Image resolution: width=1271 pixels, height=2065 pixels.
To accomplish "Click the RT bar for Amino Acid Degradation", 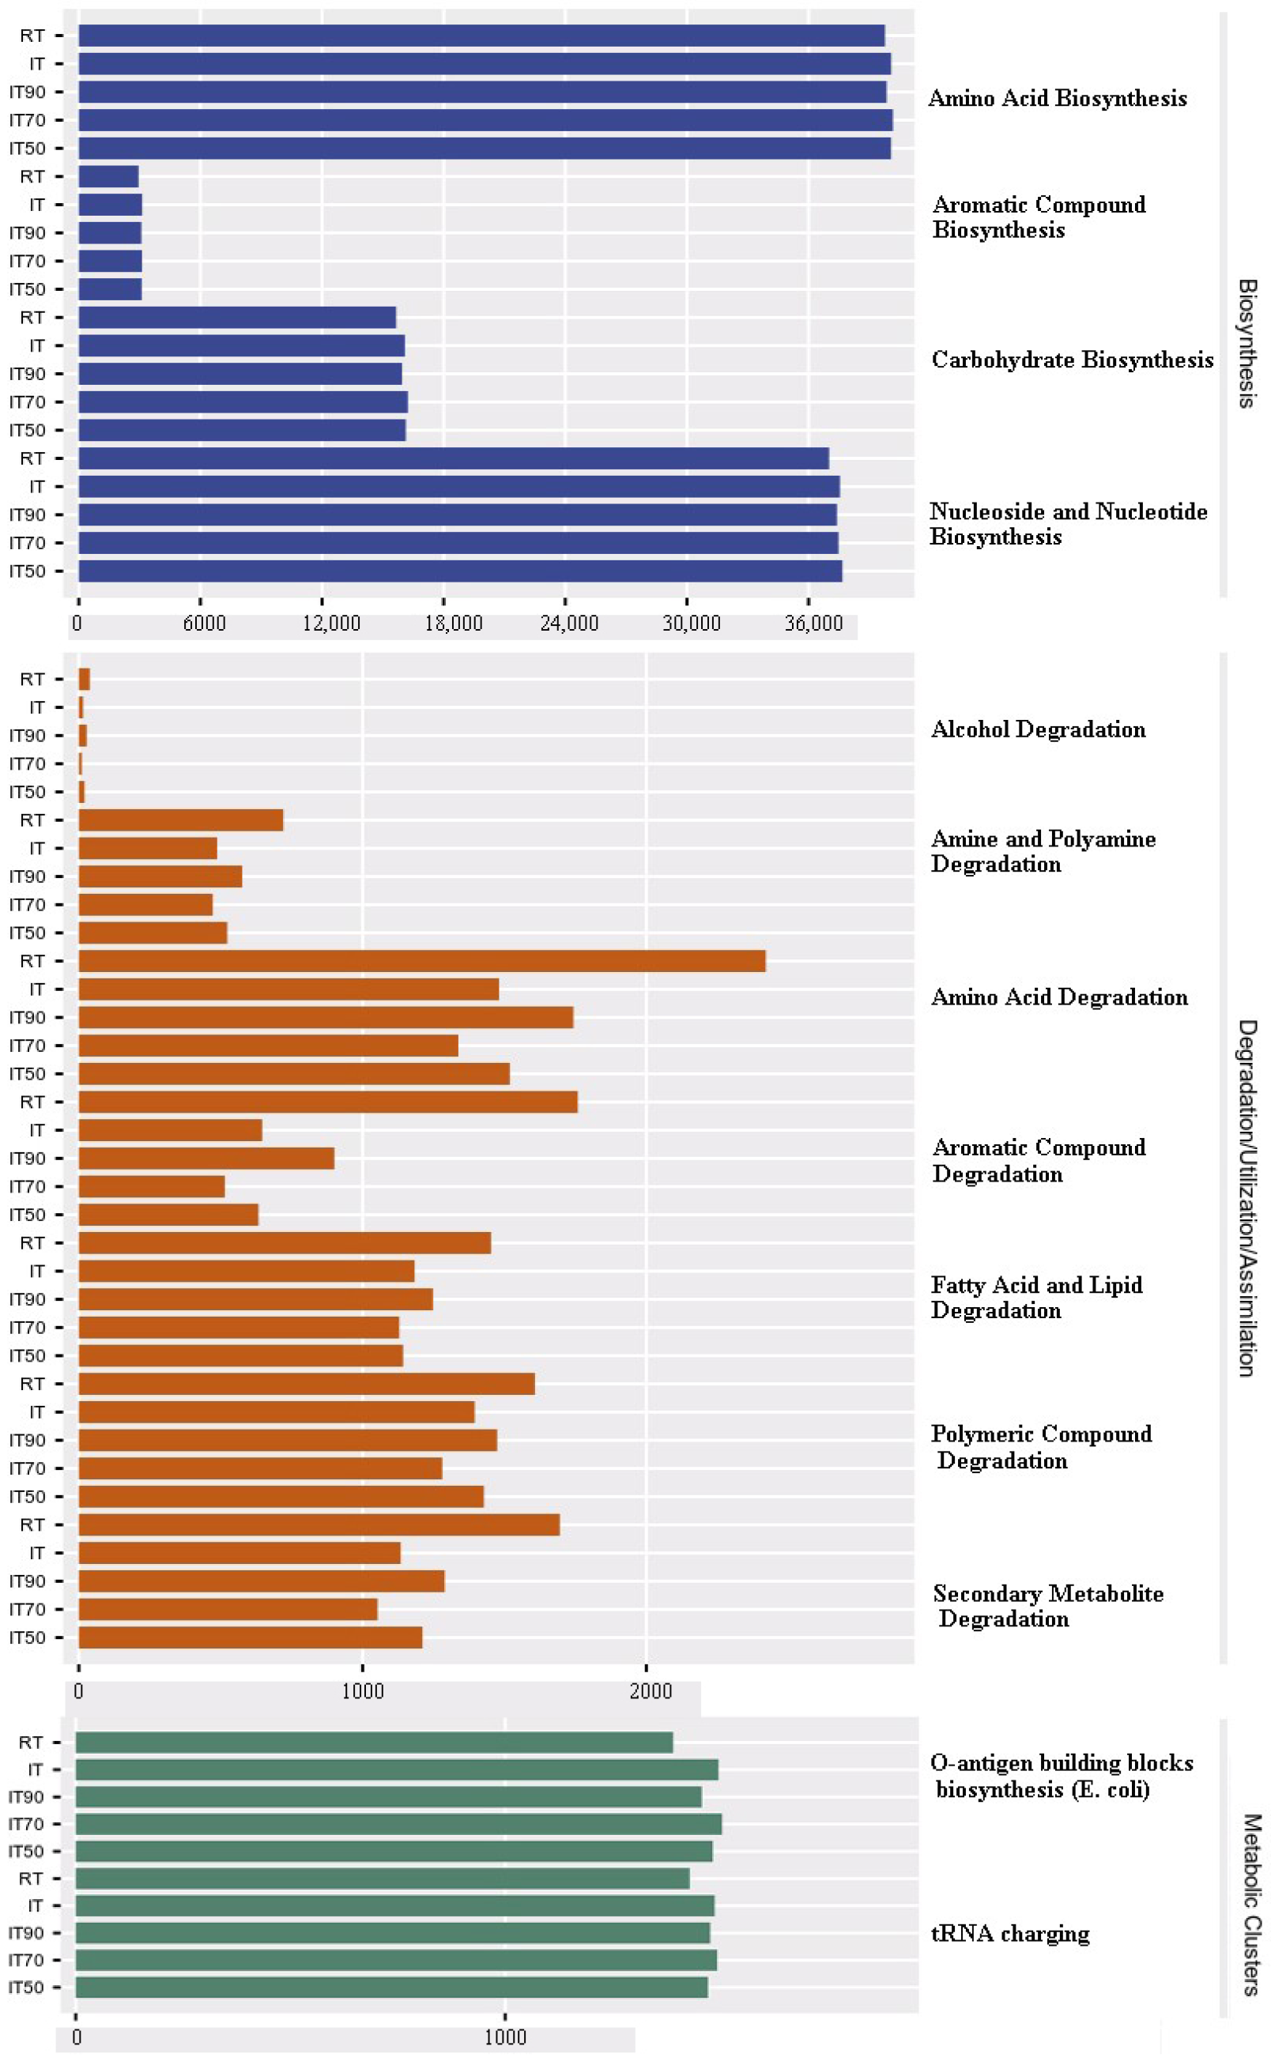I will click(x=421, y=961).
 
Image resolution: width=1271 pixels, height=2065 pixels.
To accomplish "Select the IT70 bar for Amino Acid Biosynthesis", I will click(x=485, y=120).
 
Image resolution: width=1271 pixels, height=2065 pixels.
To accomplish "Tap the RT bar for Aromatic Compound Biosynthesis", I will click(x=107, y=176).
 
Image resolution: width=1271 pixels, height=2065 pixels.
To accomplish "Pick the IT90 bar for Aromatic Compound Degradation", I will click(x=206, y=1158).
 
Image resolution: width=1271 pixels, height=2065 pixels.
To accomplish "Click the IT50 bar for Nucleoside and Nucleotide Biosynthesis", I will click(x=459, y=571).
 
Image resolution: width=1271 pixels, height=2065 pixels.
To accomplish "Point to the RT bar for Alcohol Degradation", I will click(x=84, y=679).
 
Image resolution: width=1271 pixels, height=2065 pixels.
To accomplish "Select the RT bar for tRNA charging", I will click(x=382, y=1878).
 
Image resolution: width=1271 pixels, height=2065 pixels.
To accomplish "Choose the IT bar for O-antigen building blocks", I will click(x=396, y=1769).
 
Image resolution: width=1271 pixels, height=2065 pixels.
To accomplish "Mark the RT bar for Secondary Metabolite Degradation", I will click(x=319, y=1524).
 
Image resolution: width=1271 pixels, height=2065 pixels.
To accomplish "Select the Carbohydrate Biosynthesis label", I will click(x=1072, y=360).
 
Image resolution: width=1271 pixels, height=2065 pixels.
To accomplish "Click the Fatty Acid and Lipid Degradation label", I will click(x=1035, y=1298).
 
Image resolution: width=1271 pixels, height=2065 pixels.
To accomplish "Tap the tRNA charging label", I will click(x=1009, y=1933).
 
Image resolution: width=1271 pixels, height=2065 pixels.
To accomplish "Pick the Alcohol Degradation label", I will click(x=1038, y=729).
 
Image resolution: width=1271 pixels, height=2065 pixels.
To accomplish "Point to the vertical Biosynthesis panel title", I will click(x=1246, y=344).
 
